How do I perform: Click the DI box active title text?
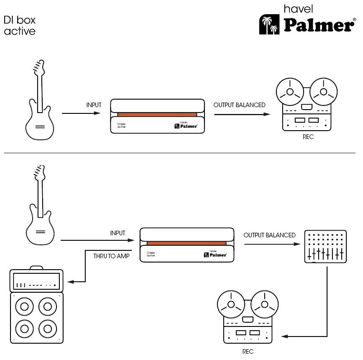(20, 25)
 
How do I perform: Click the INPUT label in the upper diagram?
(94, 105)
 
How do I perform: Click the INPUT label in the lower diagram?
(118, 233)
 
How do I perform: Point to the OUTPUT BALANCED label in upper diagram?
(239, 105)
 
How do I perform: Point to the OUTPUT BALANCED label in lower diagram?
(269, 235)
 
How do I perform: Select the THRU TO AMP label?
(111, 256)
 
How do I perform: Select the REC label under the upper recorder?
(308, 137)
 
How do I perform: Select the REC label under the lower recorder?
(248, 352)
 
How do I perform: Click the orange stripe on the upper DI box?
(157, 114)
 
